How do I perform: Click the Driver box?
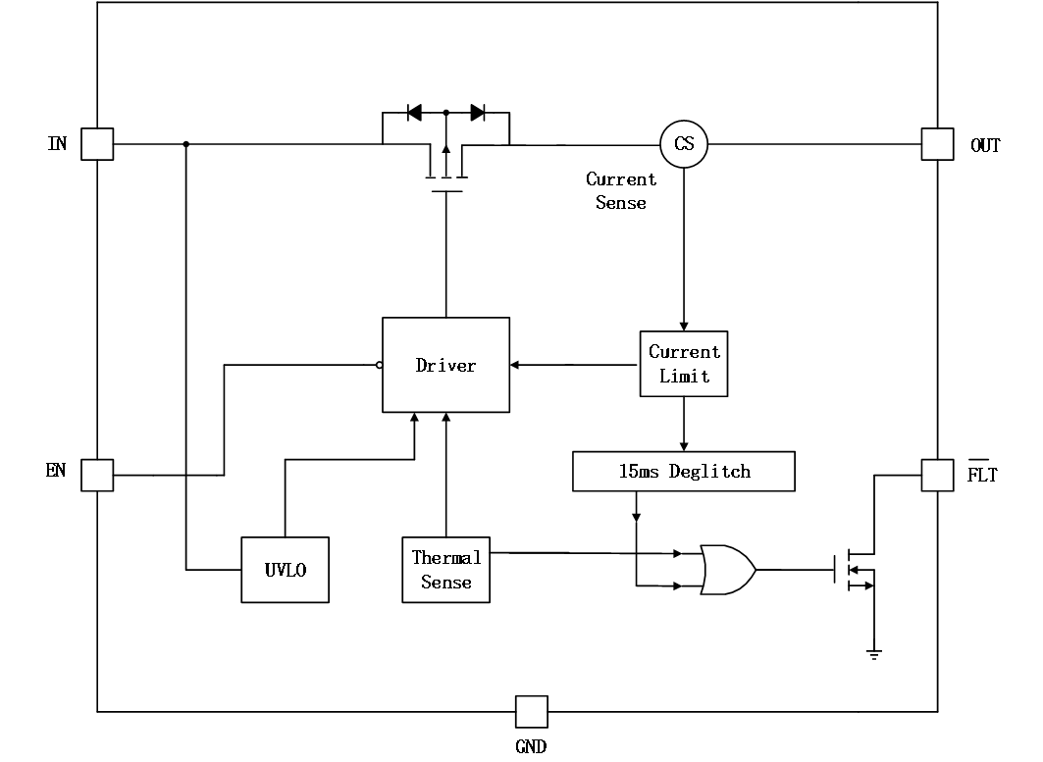(445, 364)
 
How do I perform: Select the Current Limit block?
(684, 364)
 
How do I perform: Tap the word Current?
(684, 351)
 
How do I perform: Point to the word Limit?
(684, 377)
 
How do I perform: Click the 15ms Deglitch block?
(683, 471)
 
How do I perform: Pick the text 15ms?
(639, 472)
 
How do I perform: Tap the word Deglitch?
(709, 472)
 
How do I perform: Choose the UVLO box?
(285, 570)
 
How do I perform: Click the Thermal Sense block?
(445, 570)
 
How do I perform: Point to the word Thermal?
(446, 558)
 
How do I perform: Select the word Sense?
(446, 583)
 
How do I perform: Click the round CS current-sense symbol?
(684, 144)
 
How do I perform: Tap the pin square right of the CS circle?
(937, 144)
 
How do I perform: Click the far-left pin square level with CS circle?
(97, 144)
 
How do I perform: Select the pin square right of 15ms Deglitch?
(937, 476)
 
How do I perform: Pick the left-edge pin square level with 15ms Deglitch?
(97, 476)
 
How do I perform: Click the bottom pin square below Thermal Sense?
(532, 712)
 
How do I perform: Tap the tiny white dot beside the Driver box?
(380, 366)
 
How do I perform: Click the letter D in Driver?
(422, 365)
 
